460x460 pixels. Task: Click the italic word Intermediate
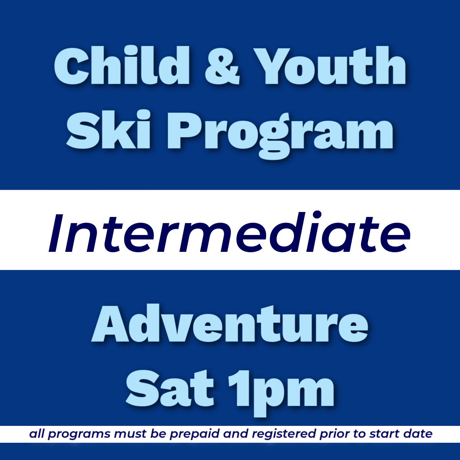click(x=229, y=233)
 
